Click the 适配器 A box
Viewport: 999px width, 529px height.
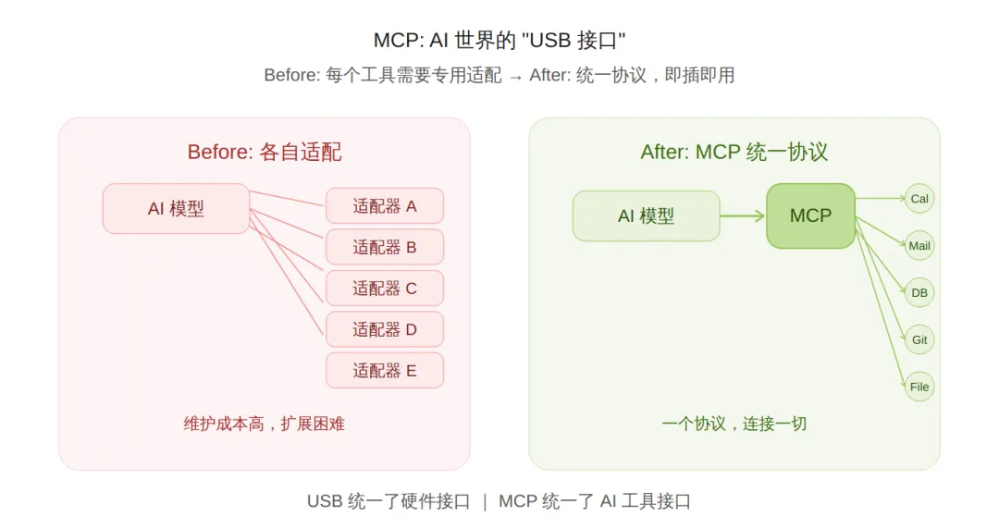pos(385,205)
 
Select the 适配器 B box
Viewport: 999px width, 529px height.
pos(385,247)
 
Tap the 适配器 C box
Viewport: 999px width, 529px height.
pos(385,288)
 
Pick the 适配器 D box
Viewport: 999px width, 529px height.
pos(385,329)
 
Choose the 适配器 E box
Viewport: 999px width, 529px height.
pos(385,370)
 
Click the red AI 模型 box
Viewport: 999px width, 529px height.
pos(176,208)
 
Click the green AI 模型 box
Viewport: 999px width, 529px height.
pos(646,215)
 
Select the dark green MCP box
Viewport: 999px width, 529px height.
pos(810,215)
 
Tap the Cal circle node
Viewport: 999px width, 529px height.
pos(919,198)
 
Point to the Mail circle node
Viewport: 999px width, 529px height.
pos(919,246)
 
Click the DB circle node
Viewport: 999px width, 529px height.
pos(919,293)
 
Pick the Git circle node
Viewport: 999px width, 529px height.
pos(919,339)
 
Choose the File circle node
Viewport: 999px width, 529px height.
pos(919,387)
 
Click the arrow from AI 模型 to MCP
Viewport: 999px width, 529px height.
pos(743,215)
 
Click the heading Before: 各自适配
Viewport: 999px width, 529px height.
pos(265,152)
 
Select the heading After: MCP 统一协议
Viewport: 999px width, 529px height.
pos(734,152)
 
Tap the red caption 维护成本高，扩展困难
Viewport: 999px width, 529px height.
pos(265,424)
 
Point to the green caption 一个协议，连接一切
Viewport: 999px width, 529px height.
pos(734,424)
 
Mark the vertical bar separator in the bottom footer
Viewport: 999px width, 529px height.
pos(484,501)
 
